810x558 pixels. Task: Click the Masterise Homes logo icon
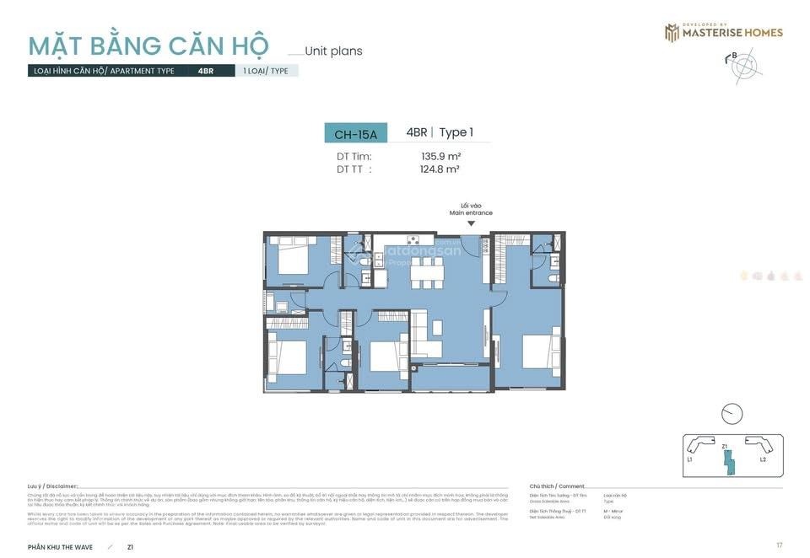click(x=672, y=32)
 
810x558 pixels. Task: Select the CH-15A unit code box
click(x=355, y=133)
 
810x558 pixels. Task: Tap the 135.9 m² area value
click(x=440, y=156)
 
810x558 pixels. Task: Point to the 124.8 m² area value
click(x=440, y=169)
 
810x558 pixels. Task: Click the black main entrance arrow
click(x=471, y=223)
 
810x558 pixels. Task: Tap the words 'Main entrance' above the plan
click(x=471, y=213)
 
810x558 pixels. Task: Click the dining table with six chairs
click(x=425, y=272)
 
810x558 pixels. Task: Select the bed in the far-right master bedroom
click(x=541, y=350)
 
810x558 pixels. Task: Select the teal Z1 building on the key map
click(x=728, y=463)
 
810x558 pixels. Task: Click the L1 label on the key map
click(x=690, y=460)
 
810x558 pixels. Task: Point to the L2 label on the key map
click(x=763, y=460)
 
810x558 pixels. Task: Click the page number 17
click(x=780, y=545)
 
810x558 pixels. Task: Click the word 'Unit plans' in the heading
click(x=333, y=51)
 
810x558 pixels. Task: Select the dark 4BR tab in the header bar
click(x=205, y=71)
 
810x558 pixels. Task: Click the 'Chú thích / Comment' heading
click(x=557, y=486)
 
